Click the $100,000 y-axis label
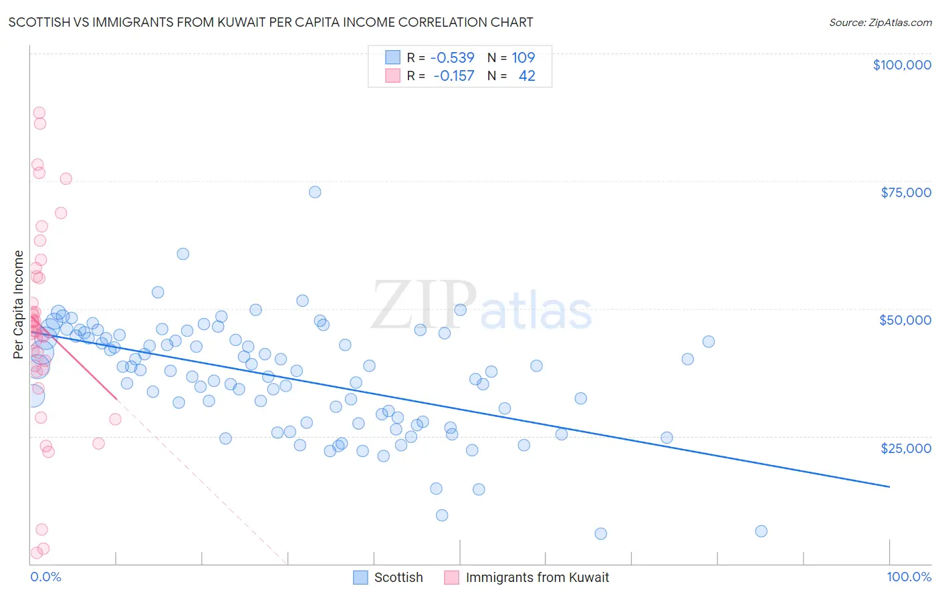[902, 65]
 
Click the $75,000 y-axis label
[906, 192]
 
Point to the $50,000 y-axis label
[905, 320]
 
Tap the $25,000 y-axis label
[906, 448]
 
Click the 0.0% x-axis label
[45, 577]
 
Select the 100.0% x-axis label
[909, 577]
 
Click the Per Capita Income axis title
[19, 305]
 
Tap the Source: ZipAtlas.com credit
[880, 22]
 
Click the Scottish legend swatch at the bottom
[360, 577]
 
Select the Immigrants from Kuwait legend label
[537, 577]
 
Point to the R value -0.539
[452, 57]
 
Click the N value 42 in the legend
[527, 76]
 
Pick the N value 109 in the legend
[523, 57]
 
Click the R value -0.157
[453, 76]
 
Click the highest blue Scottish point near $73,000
[315, 192]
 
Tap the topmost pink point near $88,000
[39, 113]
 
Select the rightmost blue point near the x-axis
[761, 531]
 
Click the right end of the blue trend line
[889, 486]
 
